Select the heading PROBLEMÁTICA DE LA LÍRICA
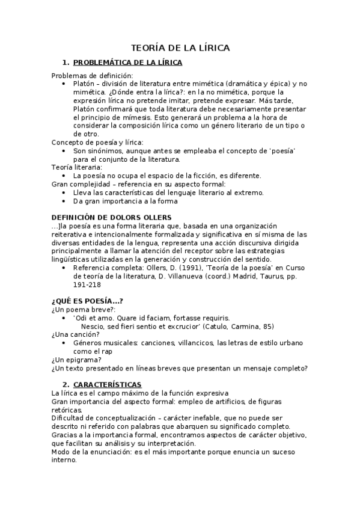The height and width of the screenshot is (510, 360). click(x=127, y=63)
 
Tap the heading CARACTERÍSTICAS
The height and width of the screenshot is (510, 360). click(x=107, y=384)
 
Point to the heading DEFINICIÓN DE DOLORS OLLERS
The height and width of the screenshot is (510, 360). click(x=111, y=217)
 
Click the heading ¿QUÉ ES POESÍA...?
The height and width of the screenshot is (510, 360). click(x=87, y=300)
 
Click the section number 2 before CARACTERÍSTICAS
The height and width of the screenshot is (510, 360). click(x=66, y=384)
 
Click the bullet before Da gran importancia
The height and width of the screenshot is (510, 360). click(x=64, y=201)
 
